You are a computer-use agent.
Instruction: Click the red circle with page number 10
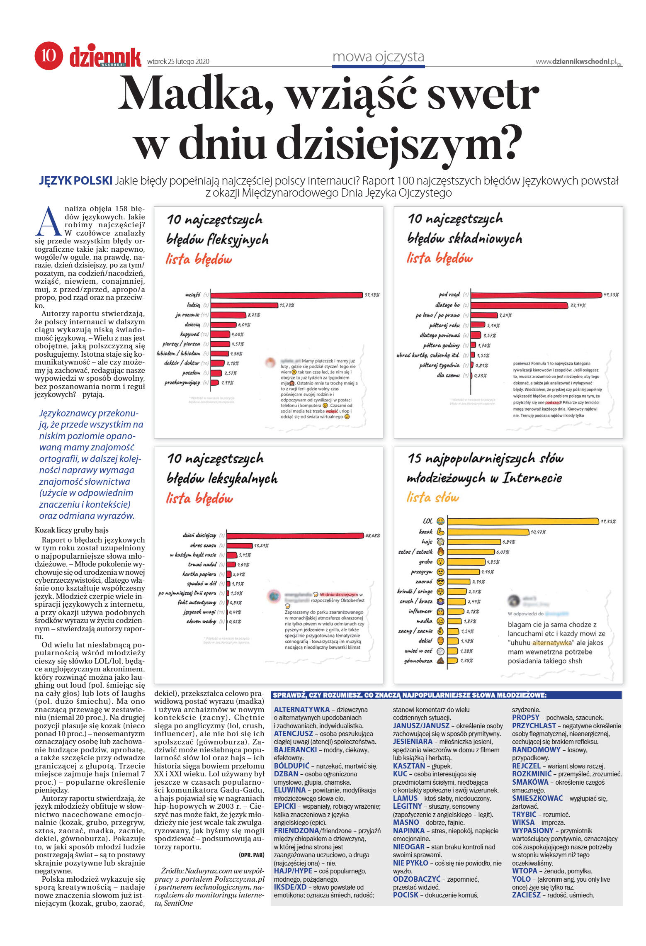pyautogui.click(x=49, y=55)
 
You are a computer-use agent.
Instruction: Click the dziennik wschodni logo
pyautogui.click(x=105, y=56)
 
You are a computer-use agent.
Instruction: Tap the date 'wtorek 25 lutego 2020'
pyautogui.click(x=178, y=62)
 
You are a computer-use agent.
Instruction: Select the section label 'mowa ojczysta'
pyautogui.click(x=378, y=56)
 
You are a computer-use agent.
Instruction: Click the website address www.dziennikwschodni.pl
pyautogui.click(x=576, y=61)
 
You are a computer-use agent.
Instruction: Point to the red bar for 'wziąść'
pyautogui.click(x=286, y=295)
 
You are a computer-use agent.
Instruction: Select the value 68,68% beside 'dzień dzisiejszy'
pyautogui.click(x=372, y=536)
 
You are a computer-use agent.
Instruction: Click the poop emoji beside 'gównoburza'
pyautogui.click(x=441, y=661)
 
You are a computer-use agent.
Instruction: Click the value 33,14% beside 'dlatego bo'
pyautogui.click(x=578, y=306)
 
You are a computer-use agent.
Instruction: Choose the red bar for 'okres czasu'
pyautogui.click(x=240, y=545)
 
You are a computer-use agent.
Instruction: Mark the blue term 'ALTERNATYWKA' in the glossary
pyautogui.click(x=301, y=710)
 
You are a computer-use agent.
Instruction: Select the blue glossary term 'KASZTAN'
pyautogui.click(x=409, y=766)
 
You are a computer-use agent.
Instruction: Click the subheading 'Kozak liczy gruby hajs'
pyautogui.click(x=71, y=530)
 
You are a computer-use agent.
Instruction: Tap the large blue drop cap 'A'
pyautogui.click(x=48, y=221)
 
